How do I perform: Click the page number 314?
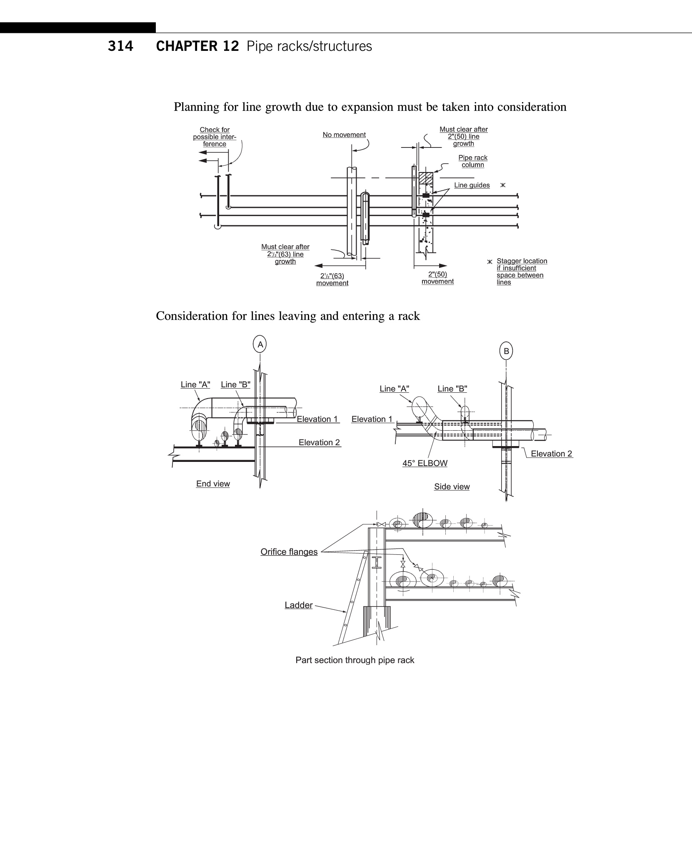[120, 46]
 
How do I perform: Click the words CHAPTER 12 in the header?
[197, 46]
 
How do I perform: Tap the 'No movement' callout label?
[344, 135]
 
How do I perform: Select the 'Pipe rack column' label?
[473, 161]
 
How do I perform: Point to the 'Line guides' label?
[472, 185]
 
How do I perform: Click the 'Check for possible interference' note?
[215, 137]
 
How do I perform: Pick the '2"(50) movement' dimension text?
[437, 278]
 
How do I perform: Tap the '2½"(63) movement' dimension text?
[332, 279]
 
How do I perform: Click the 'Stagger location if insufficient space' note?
[521, 272]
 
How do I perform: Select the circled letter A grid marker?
[260, 344]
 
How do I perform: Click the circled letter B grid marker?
[506, 351]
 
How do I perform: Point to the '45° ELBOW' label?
[425, 463]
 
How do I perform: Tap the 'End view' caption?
[213, 484]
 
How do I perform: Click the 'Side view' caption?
[452, 486]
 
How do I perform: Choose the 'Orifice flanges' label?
[289, 552]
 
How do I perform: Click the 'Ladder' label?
[298, 605]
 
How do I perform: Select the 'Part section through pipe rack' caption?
[355, 660]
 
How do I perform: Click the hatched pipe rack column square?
[426, 178]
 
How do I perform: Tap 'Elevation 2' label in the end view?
[319, 442]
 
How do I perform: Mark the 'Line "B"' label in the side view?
[452, 389]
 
